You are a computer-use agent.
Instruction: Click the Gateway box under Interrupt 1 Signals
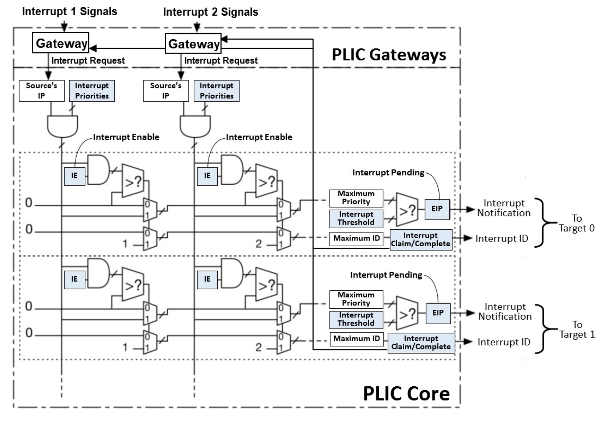(x=60, y=43)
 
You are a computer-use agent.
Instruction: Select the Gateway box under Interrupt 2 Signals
(x=193, y=43)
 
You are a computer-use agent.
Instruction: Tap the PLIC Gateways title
(x=389, y=54)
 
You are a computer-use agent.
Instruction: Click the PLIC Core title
(x=406, y=394)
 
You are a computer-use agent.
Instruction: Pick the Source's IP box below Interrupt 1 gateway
(x=42, y=91)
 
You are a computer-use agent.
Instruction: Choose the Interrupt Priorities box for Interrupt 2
(x=216, y=91)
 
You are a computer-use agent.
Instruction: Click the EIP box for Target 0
(x=437, y=209)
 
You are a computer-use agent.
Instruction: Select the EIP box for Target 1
(x=438, y=313)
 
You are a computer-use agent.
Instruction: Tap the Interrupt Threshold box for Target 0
(x=356, y=218)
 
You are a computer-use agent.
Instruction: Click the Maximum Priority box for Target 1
(x=356, y=299)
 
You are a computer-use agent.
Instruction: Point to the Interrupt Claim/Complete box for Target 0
(x=421, y=239)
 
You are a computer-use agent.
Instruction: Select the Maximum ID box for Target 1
(x=356, y=339)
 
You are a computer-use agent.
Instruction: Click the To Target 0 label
(x=576, y=223)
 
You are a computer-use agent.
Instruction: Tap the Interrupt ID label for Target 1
(x=504, y=342)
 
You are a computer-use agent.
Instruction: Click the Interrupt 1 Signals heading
(x=70, y=12)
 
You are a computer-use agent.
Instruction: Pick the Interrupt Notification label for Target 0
(x=504, y=208)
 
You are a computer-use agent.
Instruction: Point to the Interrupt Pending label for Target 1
(x=386, y=275)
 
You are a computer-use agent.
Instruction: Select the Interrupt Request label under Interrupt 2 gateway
(x=221, y=60)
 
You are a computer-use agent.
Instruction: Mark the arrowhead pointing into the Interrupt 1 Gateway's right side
(x=93, y=49)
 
